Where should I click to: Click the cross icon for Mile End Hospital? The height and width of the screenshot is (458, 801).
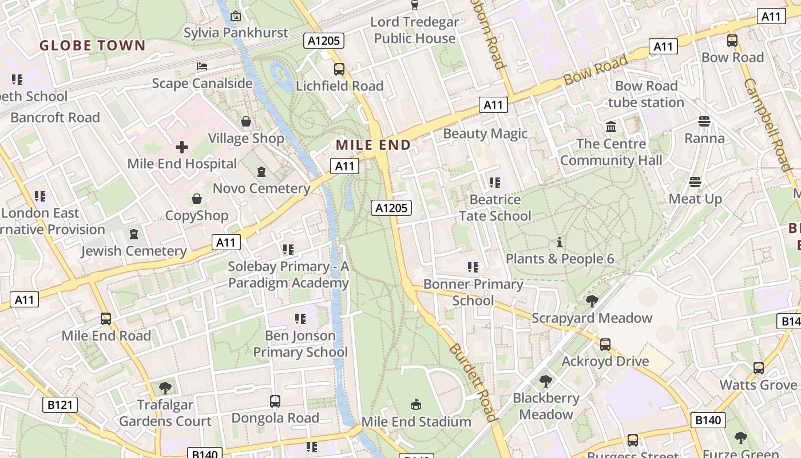coord(182,147)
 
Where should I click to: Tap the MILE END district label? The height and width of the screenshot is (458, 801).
coord(373,145)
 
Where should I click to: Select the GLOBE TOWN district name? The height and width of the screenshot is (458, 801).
coord(93,46)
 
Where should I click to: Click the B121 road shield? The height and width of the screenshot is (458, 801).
coord(60,405)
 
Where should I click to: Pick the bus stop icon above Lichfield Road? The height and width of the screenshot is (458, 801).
coord(339,69)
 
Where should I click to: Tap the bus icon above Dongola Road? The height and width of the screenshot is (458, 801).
coord(275,401)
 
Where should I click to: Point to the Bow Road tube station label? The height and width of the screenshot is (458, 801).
coord(646,94)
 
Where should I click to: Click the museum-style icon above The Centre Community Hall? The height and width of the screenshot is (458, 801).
coord(611,127)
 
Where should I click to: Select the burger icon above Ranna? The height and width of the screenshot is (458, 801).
coord(704,121)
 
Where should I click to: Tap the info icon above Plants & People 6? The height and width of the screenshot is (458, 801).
coord(560,242)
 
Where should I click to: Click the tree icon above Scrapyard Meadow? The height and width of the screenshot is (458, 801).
coord(592,301)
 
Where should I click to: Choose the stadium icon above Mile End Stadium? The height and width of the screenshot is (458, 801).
coord(416,405)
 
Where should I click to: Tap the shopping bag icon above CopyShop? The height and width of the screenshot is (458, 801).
coord(197,199)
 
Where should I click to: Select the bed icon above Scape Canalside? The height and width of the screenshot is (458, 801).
coord(202,66)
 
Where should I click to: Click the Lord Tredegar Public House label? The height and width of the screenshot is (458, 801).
coord(415,30)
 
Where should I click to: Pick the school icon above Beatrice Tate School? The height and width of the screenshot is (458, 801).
coord(495,183)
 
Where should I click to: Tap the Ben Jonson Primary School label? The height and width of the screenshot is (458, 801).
coord(300,343)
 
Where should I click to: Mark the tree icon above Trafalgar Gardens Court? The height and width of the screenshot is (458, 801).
coord(165,388)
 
